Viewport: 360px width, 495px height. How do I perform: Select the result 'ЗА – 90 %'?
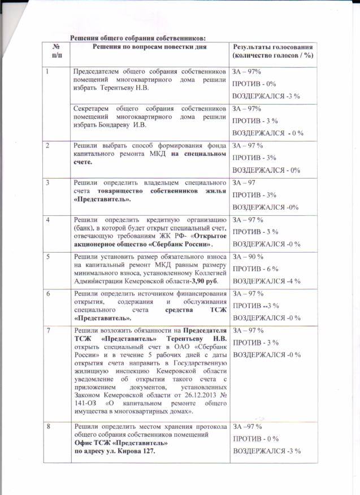(249, 258)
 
